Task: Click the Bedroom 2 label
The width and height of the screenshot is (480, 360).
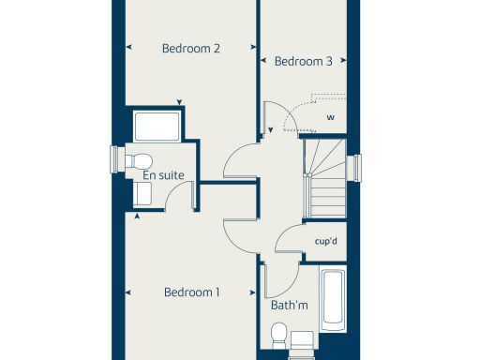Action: [x=190, y=49]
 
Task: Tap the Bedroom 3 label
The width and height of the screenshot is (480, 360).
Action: [x=303, y=62]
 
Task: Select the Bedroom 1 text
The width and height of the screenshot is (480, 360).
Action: [x=191, y=292]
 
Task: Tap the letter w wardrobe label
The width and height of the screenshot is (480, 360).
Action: [x=330, y=117]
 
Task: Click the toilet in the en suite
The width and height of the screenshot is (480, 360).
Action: [x=139, y=159]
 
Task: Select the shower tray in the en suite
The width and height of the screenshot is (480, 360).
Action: [x=156, y=127]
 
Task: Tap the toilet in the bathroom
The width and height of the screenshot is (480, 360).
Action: [x=278, y=334]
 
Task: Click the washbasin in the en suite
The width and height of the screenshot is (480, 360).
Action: [x=143, y=193]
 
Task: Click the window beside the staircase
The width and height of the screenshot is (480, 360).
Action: [x=353, y=168]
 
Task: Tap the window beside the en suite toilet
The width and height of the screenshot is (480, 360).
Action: [x=118, y=159]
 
